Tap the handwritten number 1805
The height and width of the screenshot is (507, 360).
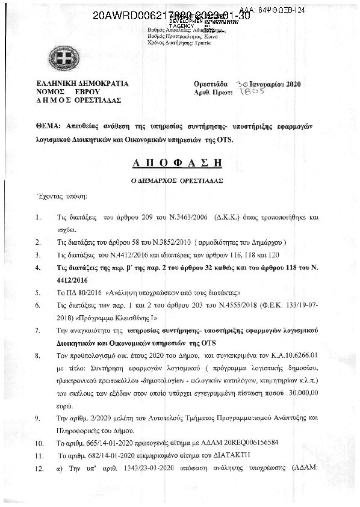point(250,93)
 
